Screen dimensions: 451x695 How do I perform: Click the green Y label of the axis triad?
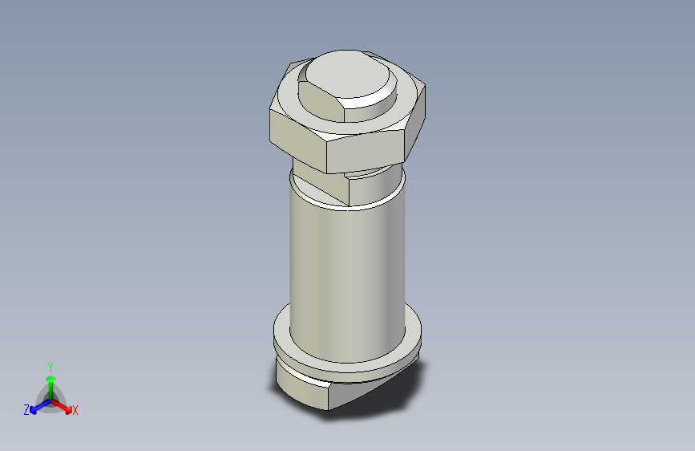tap(50, 365)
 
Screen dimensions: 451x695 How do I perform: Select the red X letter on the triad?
tap(75, 411)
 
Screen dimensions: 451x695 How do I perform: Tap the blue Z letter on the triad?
tap(26, 410)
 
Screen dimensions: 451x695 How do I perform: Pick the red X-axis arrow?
tap(64, 405)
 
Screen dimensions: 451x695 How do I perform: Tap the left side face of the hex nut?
tap(296, 134)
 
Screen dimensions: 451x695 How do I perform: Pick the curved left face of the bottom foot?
tap(301, 385)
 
